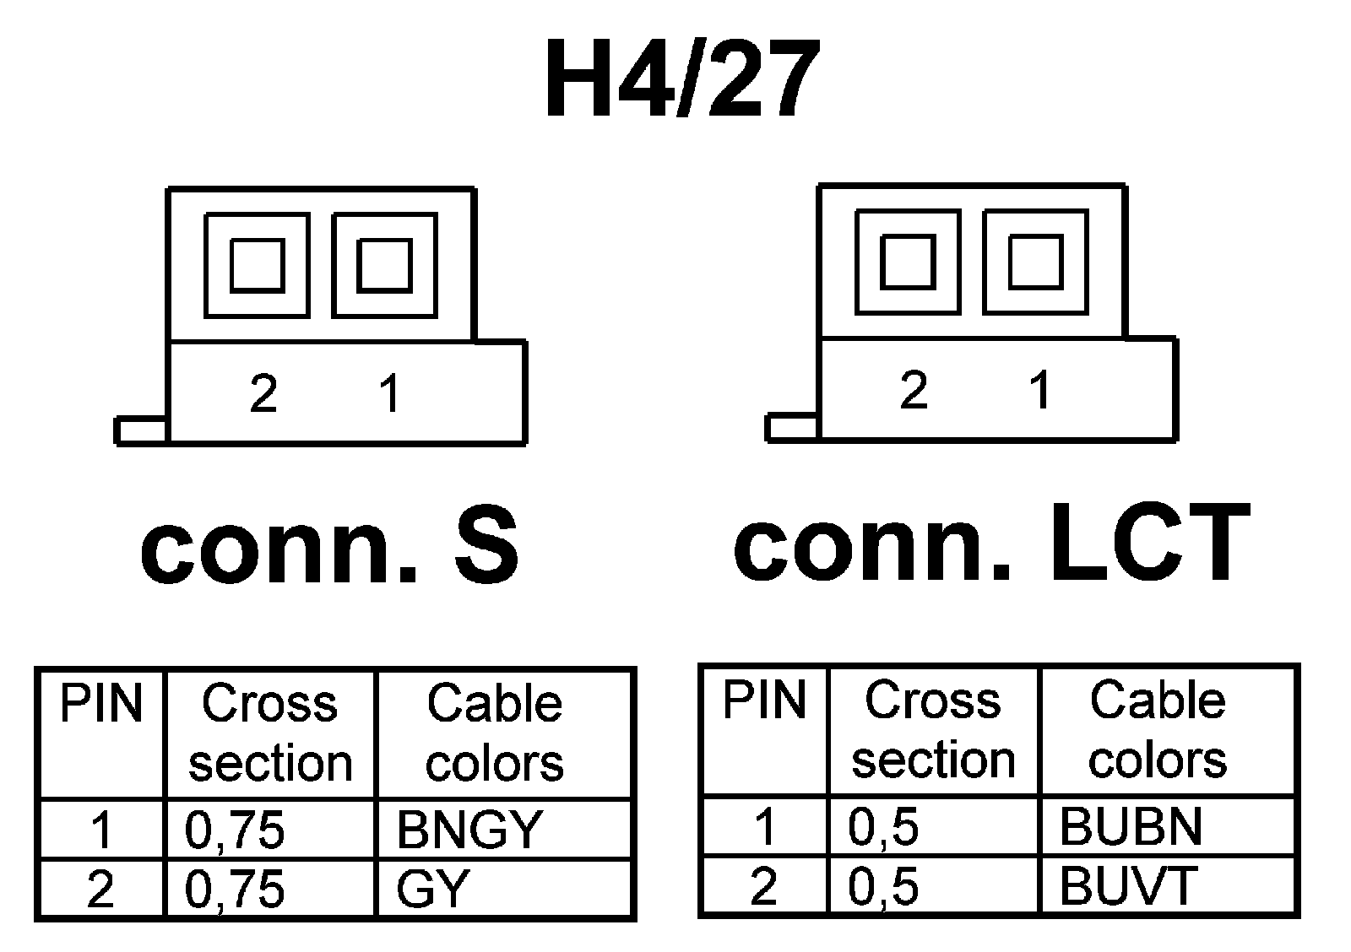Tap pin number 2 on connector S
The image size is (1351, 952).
click(x=263, y=392)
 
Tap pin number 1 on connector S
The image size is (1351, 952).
click(x=389, y=392)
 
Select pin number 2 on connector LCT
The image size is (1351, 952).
click(x=914, y=390)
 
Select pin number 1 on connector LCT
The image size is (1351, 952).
click(x=1040, y=390)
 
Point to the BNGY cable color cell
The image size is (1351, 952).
click(x=469, y=830)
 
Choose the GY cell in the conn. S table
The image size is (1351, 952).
click(x=432, y=889)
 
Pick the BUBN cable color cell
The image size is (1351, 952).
click(x=1131, y=826)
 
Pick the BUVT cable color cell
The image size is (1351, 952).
click(x=1128, y=885)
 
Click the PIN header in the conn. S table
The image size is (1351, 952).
click(x=101, y=703)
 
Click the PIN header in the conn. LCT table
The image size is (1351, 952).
click(x=764, y=700)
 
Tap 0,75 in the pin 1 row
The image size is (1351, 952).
click(x=235, y=830)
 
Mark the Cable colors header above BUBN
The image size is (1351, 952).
click(x=1157, y=730)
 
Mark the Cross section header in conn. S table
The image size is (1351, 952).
click(x=270, y=733)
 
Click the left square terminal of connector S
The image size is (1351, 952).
click(x=258, y=265)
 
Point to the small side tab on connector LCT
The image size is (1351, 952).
click(x=792, y=428)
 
